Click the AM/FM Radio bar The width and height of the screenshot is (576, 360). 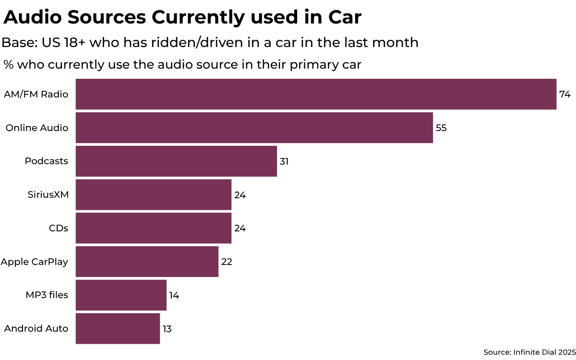coord(316,94)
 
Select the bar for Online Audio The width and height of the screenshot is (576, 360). coord(254,128)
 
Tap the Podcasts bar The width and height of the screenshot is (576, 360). coord(176,161)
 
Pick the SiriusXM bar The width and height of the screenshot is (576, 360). coord(154,195)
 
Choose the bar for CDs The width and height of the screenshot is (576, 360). coord(154,228)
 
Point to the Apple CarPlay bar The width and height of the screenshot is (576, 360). coord(147,262)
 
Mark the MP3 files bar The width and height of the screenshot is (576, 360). coord(121,295)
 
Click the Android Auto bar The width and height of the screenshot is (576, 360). coord(118,329)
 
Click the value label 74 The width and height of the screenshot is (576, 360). coord(564,94)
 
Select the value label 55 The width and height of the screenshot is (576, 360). coord(441,128)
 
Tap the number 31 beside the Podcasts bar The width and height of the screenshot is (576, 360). coord(284,161)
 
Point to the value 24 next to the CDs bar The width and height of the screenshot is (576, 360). coord(240,228)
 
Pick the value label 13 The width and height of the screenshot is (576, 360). coord(167,329)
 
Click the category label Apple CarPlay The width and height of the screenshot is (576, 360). coord(35,262)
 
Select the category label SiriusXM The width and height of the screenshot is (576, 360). coord(48,195)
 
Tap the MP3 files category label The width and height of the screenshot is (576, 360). coord(47,295)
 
